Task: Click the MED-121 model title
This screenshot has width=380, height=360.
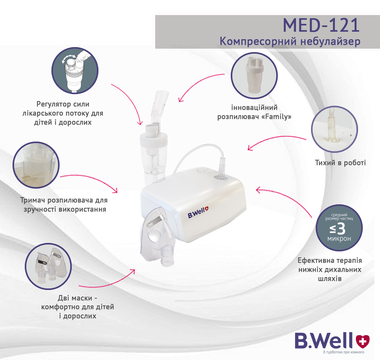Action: (321, 25)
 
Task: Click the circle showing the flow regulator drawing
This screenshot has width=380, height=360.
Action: (75, 71)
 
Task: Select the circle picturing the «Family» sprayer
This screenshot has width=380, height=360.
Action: (254, 76)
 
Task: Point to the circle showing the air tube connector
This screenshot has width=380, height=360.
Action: (335, 129)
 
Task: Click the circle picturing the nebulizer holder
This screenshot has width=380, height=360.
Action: (36, 165)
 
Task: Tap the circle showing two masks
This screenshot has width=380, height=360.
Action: (48, 266)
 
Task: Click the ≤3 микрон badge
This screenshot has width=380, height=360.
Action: (339, 228)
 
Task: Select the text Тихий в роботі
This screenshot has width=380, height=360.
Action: (340, 163)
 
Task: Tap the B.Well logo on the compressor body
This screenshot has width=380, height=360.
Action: (198, 212)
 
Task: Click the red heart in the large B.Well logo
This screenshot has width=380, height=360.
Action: (363, 341)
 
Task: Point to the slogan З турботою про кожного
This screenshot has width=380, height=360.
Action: (343, 352)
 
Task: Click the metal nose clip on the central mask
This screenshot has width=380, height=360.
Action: (155, 221)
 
